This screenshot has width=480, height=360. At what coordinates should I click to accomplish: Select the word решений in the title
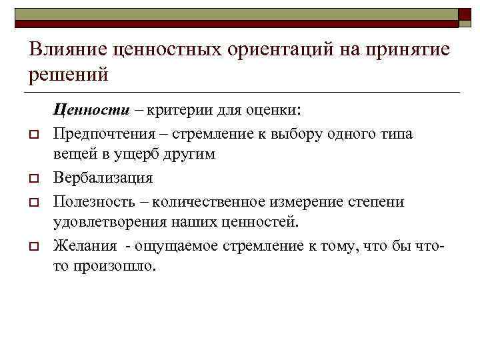pos(67,75)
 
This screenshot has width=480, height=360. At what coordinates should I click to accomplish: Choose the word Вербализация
pos(103,178)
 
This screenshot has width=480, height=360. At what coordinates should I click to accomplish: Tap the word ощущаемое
pos(179,245)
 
